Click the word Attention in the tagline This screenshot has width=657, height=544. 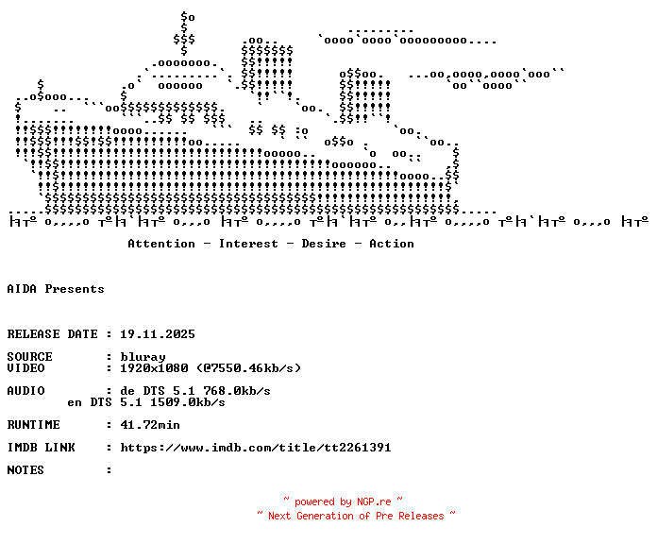[161, 244]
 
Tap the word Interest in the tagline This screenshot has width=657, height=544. [248, 244]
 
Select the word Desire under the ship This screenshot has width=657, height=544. [324, 244]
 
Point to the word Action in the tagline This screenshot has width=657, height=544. [392, 244]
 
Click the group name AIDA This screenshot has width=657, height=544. [22, 289]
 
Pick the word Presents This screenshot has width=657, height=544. [75, 289]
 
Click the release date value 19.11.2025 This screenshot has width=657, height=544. [158, 334]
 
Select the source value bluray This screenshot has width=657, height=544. [143, 357]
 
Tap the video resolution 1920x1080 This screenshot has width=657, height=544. [154, 368]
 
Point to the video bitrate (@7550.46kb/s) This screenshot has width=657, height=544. [248, 368]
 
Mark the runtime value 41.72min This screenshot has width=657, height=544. [150, 425]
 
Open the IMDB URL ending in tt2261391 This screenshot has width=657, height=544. [256, 448]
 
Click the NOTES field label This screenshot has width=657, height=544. [25, 470]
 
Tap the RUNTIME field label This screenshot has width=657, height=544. [34, 425]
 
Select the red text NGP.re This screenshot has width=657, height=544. [374, 501]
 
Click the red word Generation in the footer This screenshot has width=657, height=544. [325, 516]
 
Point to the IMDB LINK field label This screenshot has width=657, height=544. [42, 448]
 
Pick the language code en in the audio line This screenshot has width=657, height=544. [75, 402]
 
